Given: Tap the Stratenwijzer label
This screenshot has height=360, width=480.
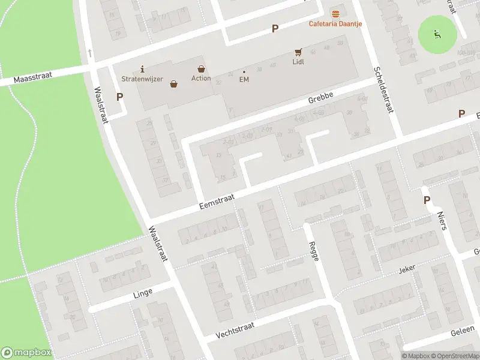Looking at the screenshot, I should coord(142,79).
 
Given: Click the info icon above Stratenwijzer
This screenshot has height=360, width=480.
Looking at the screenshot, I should coord(142,69).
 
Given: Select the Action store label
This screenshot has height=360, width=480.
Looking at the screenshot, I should coord(201,79).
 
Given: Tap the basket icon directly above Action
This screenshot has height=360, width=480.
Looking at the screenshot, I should coord(201,69).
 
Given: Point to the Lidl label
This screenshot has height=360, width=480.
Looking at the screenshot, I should coord(298,62).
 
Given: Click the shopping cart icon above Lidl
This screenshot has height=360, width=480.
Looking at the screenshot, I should coord(298,52).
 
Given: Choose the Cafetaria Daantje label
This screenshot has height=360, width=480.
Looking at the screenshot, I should coord(335,24).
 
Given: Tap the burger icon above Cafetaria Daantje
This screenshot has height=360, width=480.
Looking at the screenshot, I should coord(335,14).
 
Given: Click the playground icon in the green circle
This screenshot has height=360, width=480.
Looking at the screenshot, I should coord(437,34).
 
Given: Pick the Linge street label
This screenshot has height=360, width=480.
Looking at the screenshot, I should coord(143,292).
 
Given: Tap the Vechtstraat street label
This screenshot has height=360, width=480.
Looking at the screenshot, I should coord(235,328).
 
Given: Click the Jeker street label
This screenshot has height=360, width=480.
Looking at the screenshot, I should coord(407,270).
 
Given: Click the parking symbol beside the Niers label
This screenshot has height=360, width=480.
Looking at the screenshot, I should coord(427,200).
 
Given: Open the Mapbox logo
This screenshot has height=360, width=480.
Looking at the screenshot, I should coord(26,353).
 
